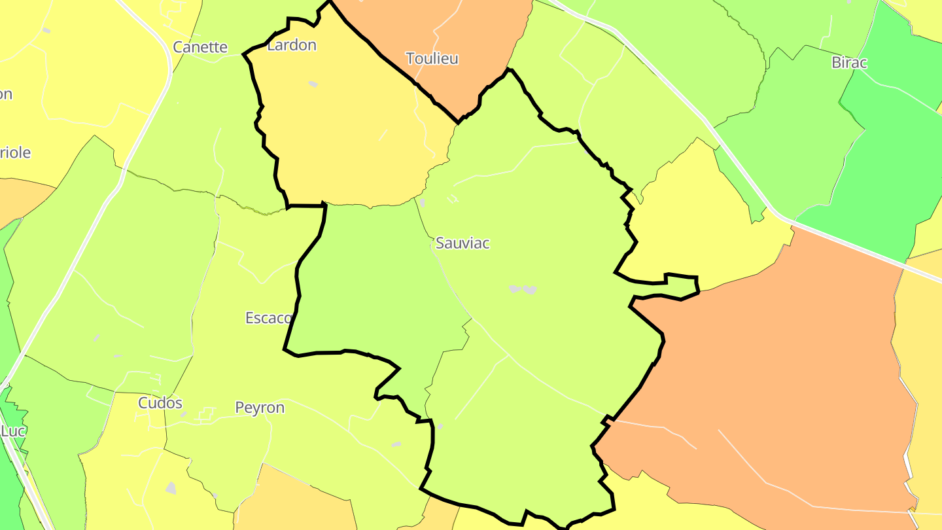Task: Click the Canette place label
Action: [200, 47]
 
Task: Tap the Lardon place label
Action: [292, 45]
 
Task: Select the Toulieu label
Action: [432, 59]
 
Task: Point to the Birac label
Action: [849, 63]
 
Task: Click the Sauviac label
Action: [462, 243]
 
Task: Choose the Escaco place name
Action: [268, 318]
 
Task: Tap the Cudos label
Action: [160, 403]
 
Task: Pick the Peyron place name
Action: [260, 408]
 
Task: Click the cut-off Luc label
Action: [12, 432]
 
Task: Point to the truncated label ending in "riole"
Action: [15, 153]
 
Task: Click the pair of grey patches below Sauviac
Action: [523, 289]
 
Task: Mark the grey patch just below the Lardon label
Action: [313, 84]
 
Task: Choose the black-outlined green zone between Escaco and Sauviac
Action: [373, 281]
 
